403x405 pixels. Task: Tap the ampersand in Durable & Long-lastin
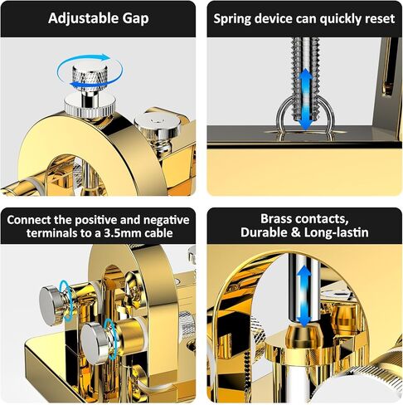(295, 232)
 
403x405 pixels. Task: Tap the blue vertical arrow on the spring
(305, 100)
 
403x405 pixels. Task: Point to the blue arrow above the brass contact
(304, 295)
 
